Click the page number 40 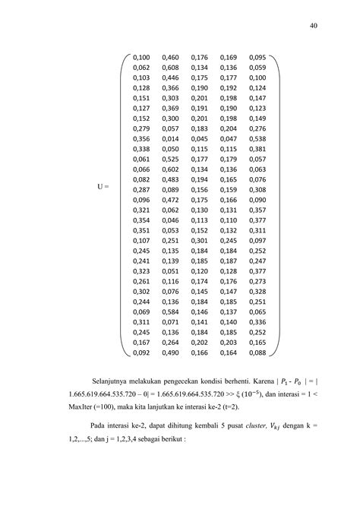pyautogui.click(x=313, y=24)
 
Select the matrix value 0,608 pyautogui.click(x=171, y=67)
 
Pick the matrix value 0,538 pyautogui.click(x=257, y=139)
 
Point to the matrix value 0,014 pyautogui.click(x=171, y=139)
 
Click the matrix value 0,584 pyautogui.click(x=171, y=312)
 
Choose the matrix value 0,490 pyautogui.click(x=171, y=353)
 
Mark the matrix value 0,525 pyautogui.click(x=171, y=160)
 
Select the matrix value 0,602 pyautogui.click(x=171, y=169)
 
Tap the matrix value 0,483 pyautogui.click(x=171, y=179)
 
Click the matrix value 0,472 pyautogui.click(x=171, y=200)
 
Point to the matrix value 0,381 pyautogui.click(x=257, y=150)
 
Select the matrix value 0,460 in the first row pyautogui.click(x=171, y=57)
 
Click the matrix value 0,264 pyautogui.click(x=171, y=343)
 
